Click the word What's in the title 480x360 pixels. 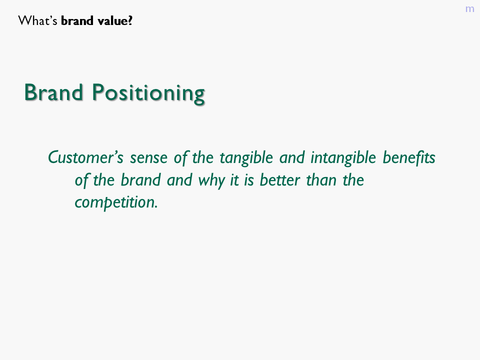pyautogui.click(x=37, y=21)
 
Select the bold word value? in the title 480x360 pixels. pyautogui.click(x=115, y=21)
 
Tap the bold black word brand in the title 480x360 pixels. pyautogui.click(x=77, y=21)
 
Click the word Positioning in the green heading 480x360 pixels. pyautogui.click(x=148, y=93)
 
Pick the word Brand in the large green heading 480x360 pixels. pyautogui.click(x=53, y=92)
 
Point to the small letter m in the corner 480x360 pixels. pyautogui.click(x=469, y=9)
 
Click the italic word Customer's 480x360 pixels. pyautogui.click(x=85, y=157)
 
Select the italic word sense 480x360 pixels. pyautogui.click(x=149, y=158)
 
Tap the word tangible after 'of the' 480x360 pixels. pyautogui.click(x=246, y=158)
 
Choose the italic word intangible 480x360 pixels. pyautogui.click(x=343, y=158)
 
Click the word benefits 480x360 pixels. pyautogui.click(x=409, y=157)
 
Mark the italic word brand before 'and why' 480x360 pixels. pyautogui.click(x=140, y=180)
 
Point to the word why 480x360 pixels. pyautogui.click(x=211, y=180)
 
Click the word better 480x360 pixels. pyautogui.click(x=280, y=180)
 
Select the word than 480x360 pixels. pyautogui.click(x=321, y=180)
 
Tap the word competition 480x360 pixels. pyautogui.click(x=116, y=202)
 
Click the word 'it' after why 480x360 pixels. pyautogui.click(x=234, y=180)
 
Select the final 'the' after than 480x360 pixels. pyautogui.click(x=353, y=180)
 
